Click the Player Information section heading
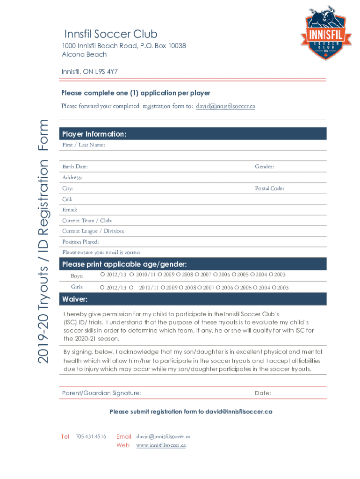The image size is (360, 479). click(x=94, y=134)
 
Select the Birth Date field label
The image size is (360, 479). click(x=75, y=167)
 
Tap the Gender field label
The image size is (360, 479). click(x=264, y=167)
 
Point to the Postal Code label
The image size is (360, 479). click(x=269, y=189)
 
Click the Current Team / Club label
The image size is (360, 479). click(x=87, y=220)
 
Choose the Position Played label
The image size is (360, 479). click(x=80, y=242)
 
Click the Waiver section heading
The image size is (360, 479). click(x=75, y=299)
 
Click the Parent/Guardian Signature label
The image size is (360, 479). click(x=101, y=393)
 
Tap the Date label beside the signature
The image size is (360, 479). click(x=263, y=393)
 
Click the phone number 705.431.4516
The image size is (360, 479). click(x=91, y=436)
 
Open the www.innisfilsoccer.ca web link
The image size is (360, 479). click(x=161, y=445)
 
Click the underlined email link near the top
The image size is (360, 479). click(x=225, y=106)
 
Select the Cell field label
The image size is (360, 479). click(x=67, y=199)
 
